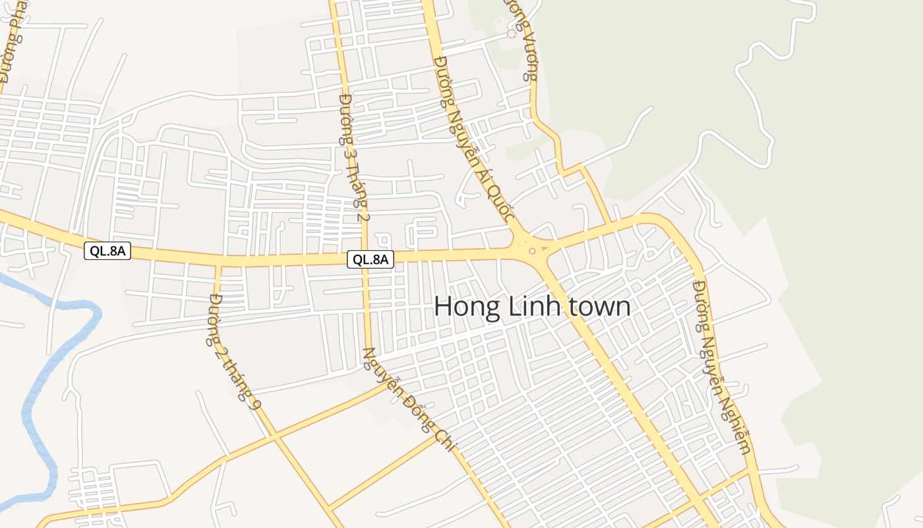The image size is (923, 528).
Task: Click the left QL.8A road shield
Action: (x=107, y=251)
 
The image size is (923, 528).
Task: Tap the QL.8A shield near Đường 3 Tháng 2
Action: (x=371, y=259)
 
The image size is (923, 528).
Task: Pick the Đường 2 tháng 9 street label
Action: (x=233, y=350)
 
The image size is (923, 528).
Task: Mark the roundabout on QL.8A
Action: (x=531, y=250)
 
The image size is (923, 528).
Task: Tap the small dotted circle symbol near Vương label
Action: (x=511, y=33)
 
